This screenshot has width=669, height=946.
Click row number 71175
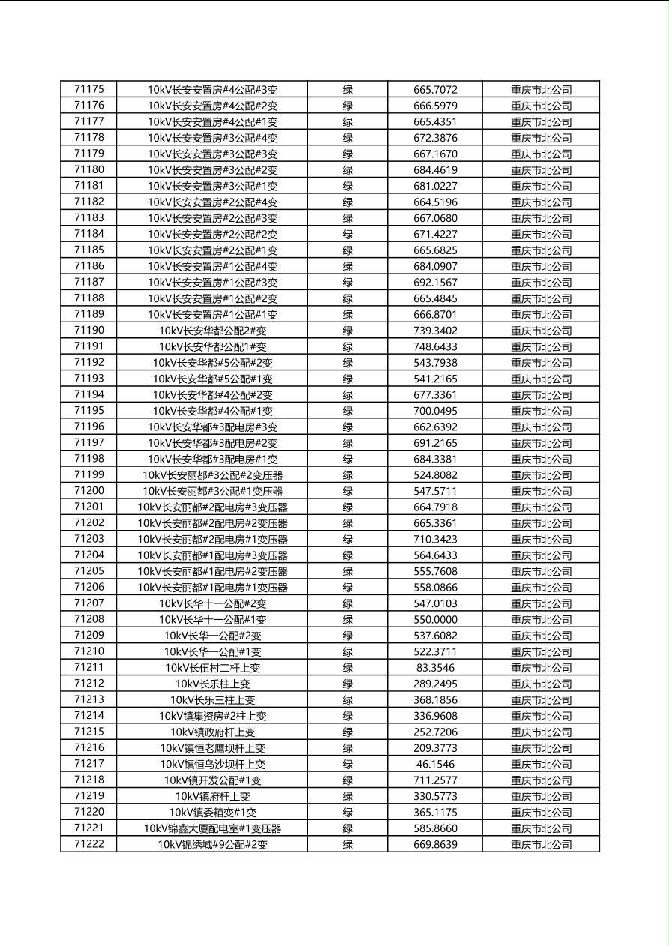click(x=89, y=90)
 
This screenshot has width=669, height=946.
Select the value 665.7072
click(x=435, y=90)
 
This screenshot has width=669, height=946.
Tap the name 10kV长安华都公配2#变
click(x=212, y=331)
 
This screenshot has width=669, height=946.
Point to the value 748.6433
click(x=435, y=347)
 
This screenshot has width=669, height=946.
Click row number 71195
click(x=89, y=411)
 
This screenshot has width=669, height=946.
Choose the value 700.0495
click(x=435, y=411)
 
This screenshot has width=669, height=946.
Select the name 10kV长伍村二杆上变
click(x=212, y=668)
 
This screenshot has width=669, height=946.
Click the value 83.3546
click(x=435, y=668)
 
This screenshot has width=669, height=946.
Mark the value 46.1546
click(x=435, y=764)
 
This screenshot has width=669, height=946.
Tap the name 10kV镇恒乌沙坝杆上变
click(x=212, y=764)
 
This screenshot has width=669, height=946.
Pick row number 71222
click(x=89, y=844)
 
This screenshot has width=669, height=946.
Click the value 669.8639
click(x=435, y=844)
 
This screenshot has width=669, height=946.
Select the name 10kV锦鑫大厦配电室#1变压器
click(x=212, y=828)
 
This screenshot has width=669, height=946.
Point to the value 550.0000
click(x=435, y=620)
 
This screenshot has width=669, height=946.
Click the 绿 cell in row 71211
click(x=348, y=668)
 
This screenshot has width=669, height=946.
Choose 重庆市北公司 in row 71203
click(x=541, y=540)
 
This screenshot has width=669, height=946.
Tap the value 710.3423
click(x=435, y=540)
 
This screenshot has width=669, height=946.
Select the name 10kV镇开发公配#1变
click(x=212, y=780)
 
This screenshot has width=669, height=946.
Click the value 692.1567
click(x=435, y=283)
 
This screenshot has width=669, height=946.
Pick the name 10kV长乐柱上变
click(x=212, y=684)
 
